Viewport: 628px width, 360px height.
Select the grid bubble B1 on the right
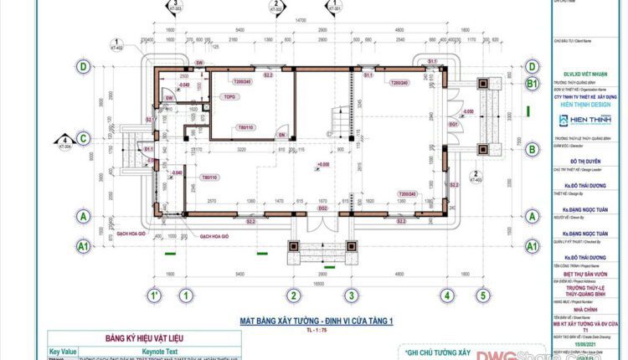pyautogui.click(x=531, y=85)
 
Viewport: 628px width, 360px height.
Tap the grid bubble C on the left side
pyautogui.click(x=84, y=138)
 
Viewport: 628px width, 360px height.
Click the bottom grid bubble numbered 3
pyautogui.click(x=369, y=296)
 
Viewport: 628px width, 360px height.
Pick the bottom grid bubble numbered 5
pyautogui.click(x=482, y=296)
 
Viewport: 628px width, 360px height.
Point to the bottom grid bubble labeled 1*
pyautogui.click(x=154, y=296)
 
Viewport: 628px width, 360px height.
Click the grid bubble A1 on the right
pyautogui.click(x=531, y=246)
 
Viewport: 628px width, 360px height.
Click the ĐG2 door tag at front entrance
pyautogui.click(x=322, y=208)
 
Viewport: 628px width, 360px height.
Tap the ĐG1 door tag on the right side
pyautogui.click(x=454, y=124)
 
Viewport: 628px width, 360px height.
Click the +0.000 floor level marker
pyautogui.click(x=322, y=165)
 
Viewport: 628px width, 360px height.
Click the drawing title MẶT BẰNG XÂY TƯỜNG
pyautogui.click(x=316, y=321)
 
